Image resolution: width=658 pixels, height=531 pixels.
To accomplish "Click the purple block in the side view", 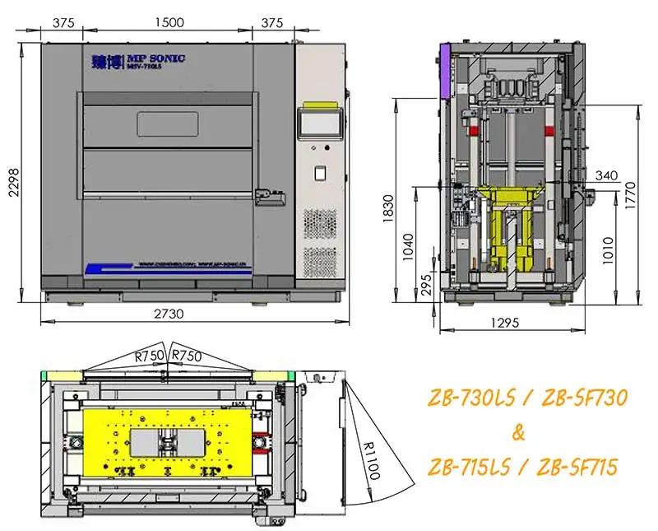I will click(444, 68).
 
